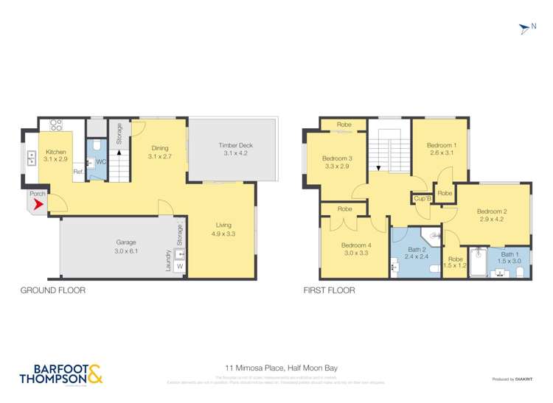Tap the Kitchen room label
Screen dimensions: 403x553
(x=56, y=152)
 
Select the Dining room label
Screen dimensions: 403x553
(x=159, y=147)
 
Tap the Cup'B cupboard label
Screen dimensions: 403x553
(x=422, y=198)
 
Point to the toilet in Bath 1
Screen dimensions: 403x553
(x=521, y=273)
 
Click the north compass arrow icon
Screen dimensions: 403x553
(x=524, y=29)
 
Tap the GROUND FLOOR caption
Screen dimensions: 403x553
(x=53, y=290)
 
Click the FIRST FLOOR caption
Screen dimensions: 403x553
(x=329, y=290)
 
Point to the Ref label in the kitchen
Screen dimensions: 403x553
(x=77, y=172)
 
